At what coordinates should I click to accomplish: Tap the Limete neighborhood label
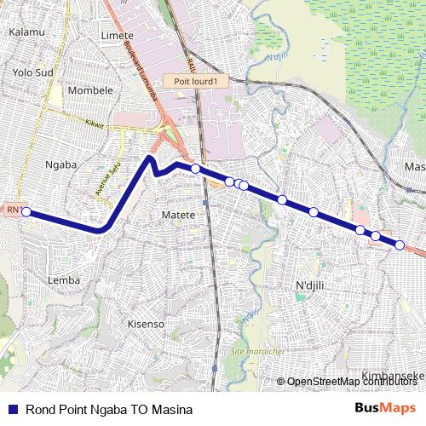click(118, 35)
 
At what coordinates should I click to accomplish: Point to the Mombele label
click(85, 89)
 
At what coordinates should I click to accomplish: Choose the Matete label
click(179, 216)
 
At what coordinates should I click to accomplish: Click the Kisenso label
click(145, 324)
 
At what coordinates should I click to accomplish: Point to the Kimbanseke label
click(393, 376)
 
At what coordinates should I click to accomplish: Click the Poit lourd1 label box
click(196, 81)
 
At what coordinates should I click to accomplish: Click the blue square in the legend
click(12, 409)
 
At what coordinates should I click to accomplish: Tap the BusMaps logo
click(384, 408)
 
